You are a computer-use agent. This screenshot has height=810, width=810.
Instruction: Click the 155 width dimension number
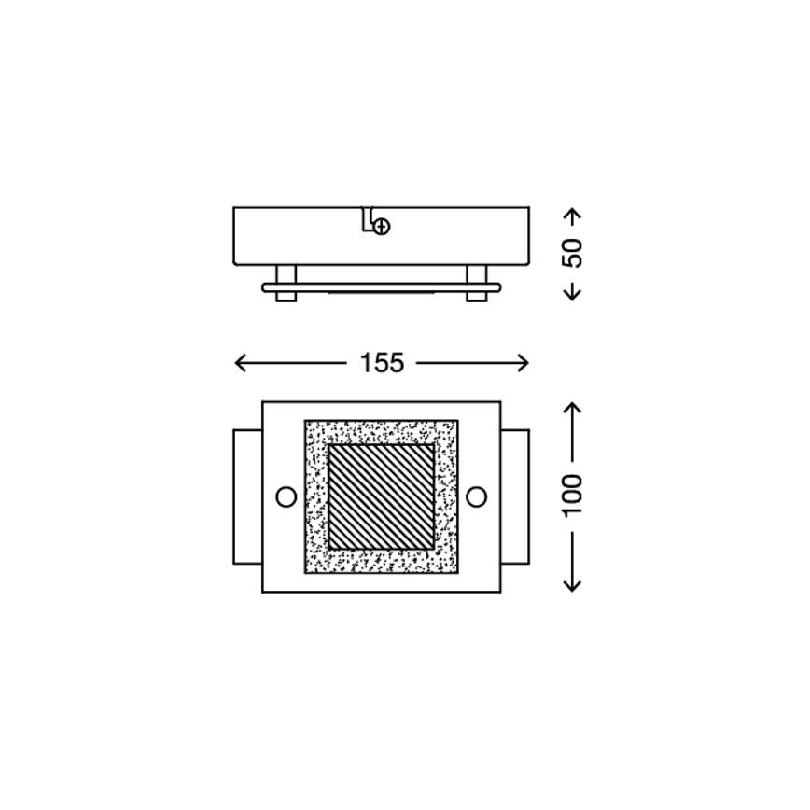(x=383, y=364)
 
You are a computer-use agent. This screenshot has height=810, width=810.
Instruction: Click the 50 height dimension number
(x=574, y=253)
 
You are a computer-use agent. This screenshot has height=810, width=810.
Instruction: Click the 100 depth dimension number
(x=574, y=496)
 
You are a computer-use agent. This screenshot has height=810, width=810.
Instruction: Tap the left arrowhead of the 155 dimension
(x=239, y=363)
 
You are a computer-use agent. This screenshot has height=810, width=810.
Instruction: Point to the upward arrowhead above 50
(x=574, y=216)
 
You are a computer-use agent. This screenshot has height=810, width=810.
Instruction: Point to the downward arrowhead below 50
(x=574, y=292)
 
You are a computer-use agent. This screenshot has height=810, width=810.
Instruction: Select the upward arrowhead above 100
(x=574, y=411)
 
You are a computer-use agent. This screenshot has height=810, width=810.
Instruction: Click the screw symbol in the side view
(x=382, y=225)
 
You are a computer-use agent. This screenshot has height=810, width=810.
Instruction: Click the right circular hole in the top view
(x=477, y=496)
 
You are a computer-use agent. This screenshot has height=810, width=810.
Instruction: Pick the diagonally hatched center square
(x=382, y=496)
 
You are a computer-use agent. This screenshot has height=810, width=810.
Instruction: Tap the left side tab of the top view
(x=247, y=496)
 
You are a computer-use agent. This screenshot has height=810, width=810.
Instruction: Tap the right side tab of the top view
(x=515, y=496)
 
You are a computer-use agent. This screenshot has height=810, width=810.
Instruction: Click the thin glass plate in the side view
(x=382, y=287)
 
